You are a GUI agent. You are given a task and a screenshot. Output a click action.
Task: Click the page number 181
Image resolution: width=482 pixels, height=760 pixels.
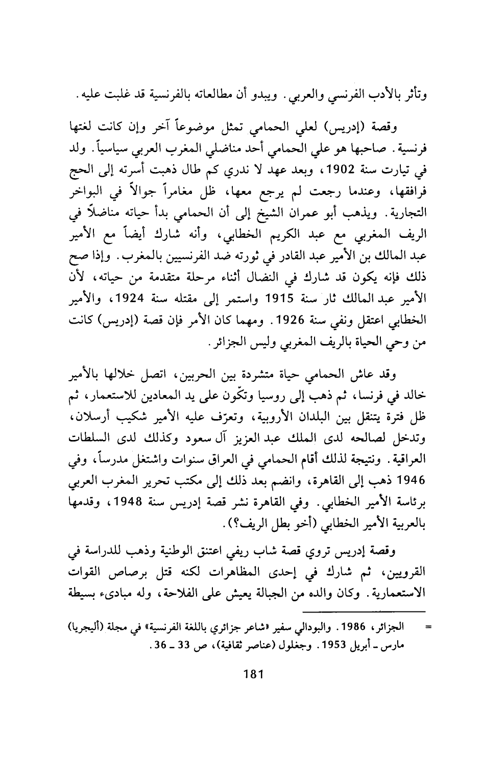(x=253, y=674)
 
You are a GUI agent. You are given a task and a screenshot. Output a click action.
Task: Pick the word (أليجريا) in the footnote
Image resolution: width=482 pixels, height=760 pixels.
(x=73, y=626)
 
